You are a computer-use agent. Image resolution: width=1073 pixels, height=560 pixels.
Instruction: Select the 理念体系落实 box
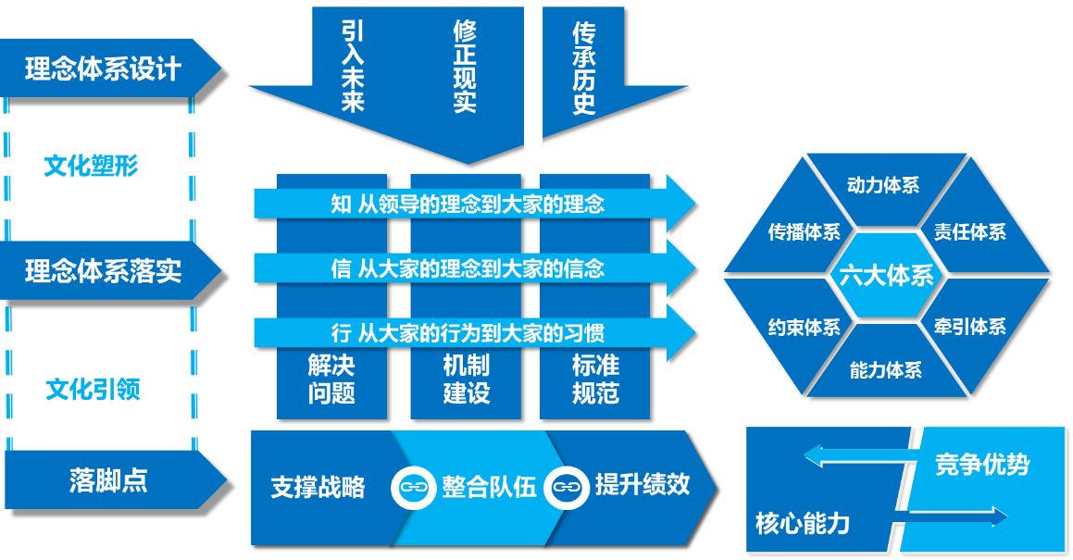[x=103, y=271]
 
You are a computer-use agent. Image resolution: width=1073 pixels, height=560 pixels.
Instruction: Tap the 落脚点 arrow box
[x=108, y=480]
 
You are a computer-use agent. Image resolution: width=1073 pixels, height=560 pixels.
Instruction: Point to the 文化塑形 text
[x=91, y=167]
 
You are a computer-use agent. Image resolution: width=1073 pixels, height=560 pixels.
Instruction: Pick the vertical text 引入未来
[x=353, y=67]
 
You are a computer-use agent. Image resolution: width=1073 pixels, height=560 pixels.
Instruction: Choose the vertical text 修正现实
[x=465, y=67]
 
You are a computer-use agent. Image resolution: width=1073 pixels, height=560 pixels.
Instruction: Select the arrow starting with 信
[x=468, y=268]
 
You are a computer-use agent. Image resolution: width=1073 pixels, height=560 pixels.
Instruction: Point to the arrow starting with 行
[x=468, y=331]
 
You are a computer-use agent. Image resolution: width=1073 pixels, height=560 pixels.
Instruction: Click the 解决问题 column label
[x=331, y=379]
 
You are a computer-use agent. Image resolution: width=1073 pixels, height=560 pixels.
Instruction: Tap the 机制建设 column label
[x=466, y=379]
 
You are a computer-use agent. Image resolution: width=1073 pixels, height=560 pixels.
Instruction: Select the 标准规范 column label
[x=595, y=379]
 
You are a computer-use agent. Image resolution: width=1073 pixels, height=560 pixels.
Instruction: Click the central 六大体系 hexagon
[x=886, y=276]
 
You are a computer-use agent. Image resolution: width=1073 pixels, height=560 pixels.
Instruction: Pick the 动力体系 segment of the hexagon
[x=883, y=186]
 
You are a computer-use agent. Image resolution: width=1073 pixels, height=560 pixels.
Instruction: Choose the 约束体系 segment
[x=804, y=327]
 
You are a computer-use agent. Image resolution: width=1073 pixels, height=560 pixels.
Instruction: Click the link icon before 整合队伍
[x=413, y=486]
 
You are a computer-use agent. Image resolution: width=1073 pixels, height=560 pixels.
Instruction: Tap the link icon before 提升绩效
[x=567, y=486]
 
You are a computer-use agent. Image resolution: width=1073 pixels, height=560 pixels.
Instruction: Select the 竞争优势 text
[x=981, y=464]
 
